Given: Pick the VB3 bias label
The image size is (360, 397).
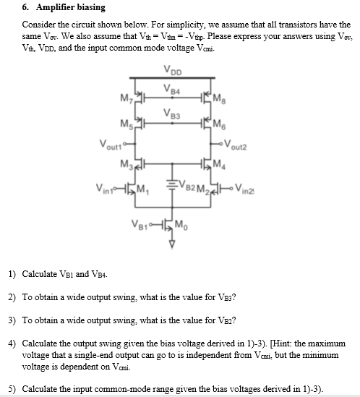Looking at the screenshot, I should tap(171, 113).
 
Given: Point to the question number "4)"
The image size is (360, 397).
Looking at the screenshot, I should tap(12, 342).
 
